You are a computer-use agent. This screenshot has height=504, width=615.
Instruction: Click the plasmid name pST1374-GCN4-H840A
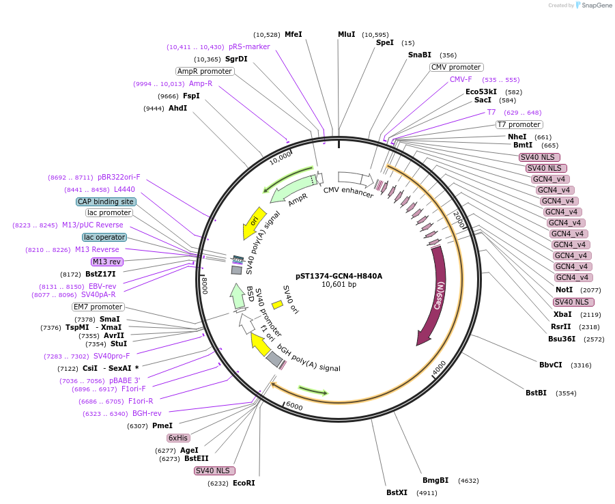coord(339,276)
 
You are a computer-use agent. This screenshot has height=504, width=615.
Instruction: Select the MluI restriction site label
coord(346,34)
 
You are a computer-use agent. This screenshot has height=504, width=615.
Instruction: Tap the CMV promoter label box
coord(456,67)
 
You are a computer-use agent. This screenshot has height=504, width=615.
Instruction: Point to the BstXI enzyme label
coord(397,492)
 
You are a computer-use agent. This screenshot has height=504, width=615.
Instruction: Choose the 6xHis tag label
coord(179,438)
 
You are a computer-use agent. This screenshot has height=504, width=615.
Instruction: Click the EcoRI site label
coord(244,483)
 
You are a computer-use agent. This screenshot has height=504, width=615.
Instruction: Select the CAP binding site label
coord(106,201)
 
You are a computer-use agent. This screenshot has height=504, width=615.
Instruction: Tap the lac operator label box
coord(104,237)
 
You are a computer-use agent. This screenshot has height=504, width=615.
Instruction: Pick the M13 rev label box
coord(106,262)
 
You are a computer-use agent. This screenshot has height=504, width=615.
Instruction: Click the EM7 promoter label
coord(98,307)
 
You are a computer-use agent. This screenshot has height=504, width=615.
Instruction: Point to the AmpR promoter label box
coord(205,71)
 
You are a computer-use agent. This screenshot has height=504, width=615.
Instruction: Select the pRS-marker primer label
coord(249,46)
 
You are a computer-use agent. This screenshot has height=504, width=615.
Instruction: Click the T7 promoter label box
coord(519,124)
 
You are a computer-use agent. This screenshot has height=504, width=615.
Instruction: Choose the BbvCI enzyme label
coord(551,365)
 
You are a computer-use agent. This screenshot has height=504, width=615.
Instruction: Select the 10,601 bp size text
coord(339,285)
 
